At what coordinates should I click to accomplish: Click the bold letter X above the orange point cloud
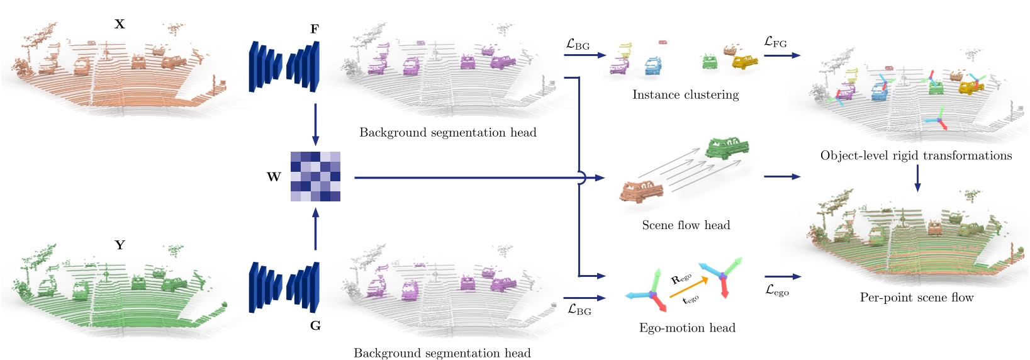120,25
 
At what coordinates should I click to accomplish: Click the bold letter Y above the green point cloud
120,245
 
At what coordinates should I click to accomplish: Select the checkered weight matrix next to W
315,176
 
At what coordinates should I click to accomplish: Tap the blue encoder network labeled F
285,66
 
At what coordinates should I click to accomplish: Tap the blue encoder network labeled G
285,287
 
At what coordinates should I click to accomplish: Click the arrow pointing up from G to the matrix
315,229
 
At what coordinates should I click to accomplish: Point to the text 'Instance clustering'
685,95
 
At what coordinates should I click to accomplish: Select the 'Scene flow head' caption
686,225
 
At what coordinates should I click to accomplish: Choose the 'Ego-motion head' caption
687,328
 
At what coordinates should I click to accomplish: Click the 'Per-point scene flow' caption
917,298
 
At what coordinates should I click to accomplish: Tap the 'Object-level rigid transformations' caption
916,155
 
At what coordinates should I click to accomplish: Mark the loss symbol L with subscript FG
775,42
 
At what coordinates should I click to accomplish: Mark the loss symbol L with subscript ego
777,290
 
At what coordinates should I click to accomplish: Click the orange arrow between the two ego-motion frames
688,286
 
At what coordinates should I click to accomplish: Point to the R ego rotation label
681,279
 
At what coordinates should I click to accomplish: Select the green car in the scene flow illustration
727,147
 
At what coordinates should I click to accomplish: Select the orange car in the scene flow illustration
641,191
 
